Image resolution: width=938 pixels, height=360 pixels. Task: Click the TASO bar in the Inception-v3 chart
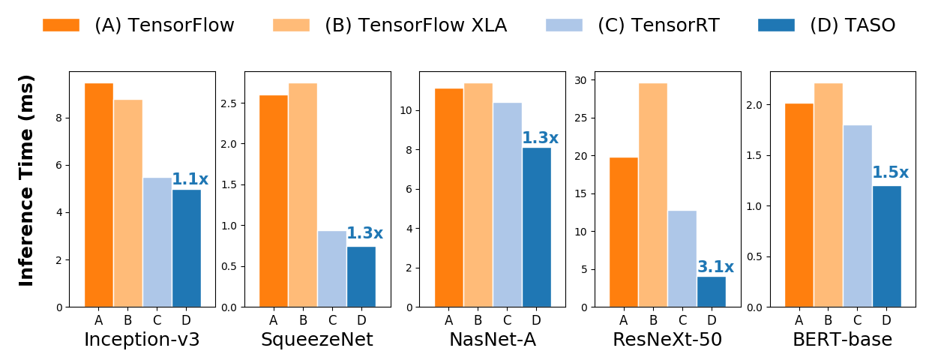pyautogui.click(x=187, y=248)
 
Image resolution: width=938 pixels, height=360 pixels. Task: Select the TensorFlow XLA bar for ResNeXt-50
pyautogui.click(x=653, y=195)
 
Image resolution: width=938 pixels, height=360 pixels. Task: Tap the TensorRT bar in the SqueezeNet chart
pyautogui.click(x=332, y=268)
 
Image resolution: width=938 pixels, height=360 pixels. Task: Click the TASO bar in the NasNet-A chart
pyautogui.click(x=537, y=227)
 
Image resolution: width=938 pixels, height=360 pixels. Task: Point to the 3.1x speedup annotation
pyautogui.click(x=715, y=268)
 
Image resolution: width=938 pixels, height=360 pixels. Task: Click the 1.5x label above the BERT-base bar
pyautogui.click(x=890, y=173)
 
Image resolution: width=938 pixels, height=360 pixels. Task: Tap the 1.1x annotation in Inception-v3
pyautogui.click(x=190, y=179)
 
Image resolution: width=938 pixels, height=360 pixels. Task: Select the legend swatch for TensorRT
pyautogui.click(x=564, y=25)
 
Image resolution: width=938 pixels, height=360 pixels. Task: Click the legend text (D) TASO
pyautogui.click(x=853, y=25)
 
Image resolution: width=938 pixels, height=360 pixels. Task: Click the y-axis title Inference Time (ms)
pyautogui.click(x=27, y=180)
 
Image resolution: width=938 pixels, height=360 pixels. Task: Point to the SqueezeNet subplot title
pyautogui.click(x=316, y=340)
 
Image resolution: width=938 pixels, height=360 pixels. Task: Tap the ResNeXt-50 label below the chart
pyautogui.click(x=667, y=340)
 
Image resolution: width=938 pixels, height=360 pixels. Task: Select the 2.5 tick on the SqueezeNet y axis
pyautogui.click(x=229, y=103)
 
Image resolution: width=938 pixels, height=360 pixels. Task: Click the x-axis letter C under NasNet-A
pyautogui.click(x=508, y=321)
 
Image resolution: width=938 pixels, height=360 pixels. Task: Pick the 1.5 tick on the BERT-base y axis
pyautogui.click(x=755, y=156)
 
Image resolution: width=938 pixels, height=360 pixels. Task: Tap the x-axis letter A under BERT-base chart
pyautogui.click(x=799, y=321)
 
